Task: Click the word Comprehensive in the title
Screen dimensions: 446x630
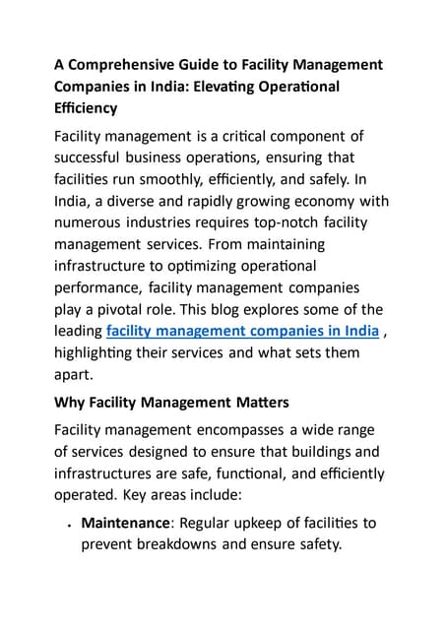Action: (119, 64)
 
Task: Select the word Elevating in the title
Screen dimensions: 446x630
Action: (261, 86)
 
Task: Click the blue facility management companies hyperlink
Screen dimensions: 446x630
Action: (242, 331)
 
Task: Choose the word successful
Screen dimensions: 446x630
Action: (97, 158)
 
